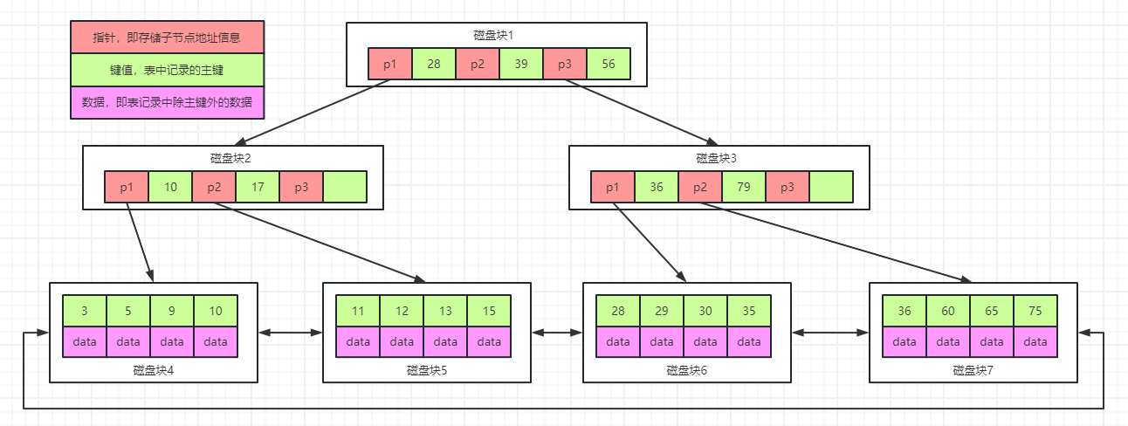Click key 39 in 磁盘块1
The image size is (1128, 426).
point(520,64)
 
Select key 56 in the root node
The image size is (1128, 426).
point(608,64)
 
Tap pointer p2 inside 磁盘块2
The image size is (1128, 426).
point(214,187)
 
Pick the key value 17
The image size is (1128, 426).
point(258,187)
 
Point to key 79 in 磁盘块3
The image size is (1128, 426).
point(744,187)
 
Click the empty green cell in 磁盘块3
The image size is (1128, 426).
point(831,187)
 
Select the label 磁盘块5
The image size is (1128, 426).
point(427,370)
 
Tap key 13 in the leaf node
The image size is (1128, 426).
point(445,312)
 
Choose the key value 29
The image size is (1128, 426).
point(662,312)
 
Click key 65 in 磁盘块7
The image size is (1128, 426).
point(992,312)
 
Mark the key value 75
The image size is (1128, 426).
point(1035,312)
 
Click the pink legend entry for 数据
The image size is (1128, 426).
point(167,102)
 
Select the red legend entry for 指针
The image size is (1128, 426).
point(167,38)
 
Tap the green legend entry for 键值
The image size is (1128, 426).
point(167,70)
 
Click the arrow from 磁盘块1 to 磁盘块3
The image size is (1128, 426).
point(639,112)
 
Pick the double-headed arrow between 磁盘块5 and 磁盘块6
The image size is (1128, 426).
point(557,333)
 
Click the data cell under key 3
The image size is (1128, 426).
point(85,341)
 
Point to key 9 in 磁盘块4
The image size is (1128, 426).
point(172,312)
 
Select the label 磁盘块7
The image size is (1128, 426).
point(973,370)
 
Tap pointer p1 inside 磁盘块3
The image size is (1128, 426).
point(613,187)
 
